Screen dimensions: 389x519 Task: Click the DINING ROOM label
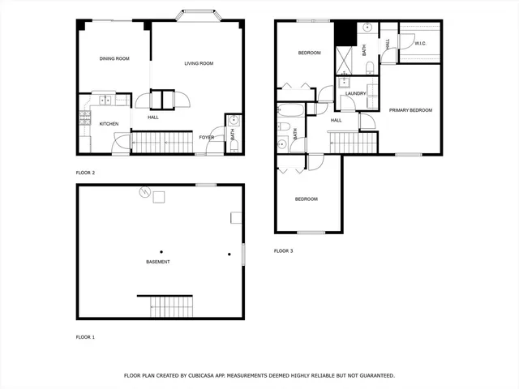114,58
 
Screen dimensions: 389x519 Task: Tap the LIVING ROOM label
199,63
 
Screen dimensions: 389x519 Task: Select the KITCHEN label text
109,124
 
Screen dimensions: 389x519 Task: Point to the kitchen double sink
105,100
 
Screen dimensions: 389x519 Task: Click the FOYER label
207,138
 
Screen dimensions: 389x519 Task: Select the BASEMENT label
158,263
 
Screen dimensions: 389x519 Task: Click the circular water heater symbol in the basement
145,193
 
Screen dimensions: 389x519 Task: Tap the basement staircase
171,306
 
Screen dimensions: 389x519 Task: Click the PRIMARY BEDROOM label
410,109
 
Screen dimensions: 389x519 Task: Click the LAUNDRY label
356,93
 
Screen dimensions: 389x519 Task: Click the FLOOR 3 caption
283,251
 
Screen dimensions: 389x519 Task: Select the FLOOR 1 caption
85,336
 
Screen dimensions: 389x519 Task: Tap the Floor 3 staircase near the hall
353,143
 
